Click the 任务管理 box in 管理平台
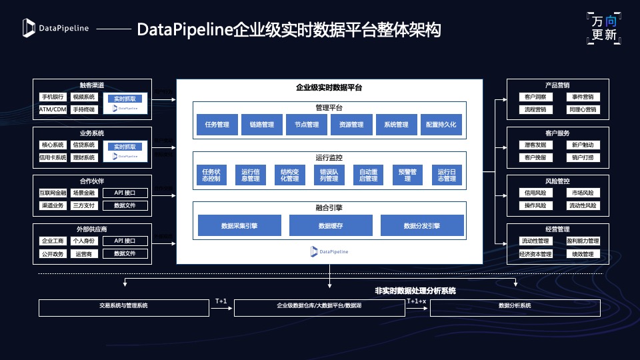click(x=217, y=125)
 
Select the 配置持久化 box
click(x=441, y=125)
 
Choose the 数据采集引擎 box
click(x=239, y=226)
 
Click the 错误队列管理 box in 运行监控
click(x=329, y=175)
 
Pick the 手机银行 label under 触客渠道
click(x=53, y=97)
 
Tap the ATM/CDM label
click(x=53, y=109)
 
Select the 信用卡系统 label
click(x=53, y=157)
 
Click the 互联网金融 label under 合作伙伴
click(x=53, y=193)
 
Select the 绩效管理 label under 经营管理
click(x=581, y=253)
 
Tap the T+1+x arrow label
click(x=417, y=301)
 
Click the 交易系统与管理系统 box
click(x=124, y=307)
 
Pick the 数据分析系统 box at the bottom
click(x=515, y=307)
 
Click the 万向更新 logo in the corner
click(x=605, y=29)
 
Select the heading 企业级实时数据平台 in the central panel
click(x=329, y=87)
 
